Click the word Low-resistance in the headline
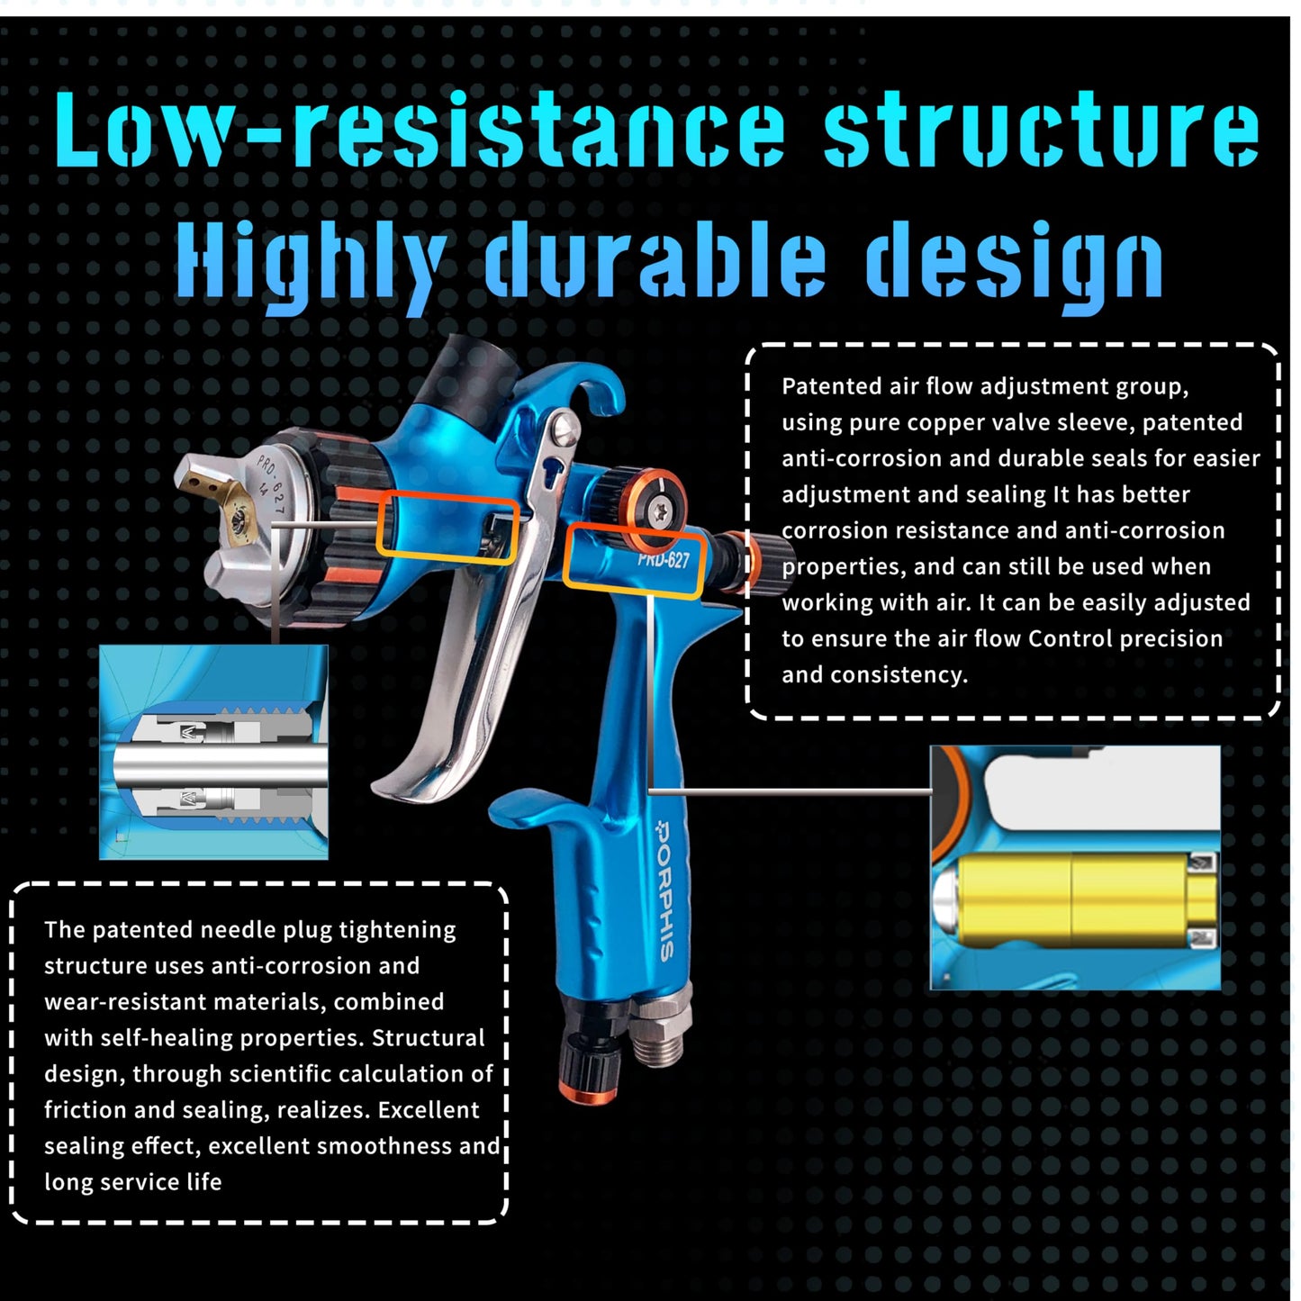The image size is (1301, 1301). click(419, 130)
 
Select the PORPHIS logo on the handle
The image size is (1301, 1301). click(665, 890)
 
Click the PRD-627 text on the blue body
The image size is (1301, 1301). click(664, 559)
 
